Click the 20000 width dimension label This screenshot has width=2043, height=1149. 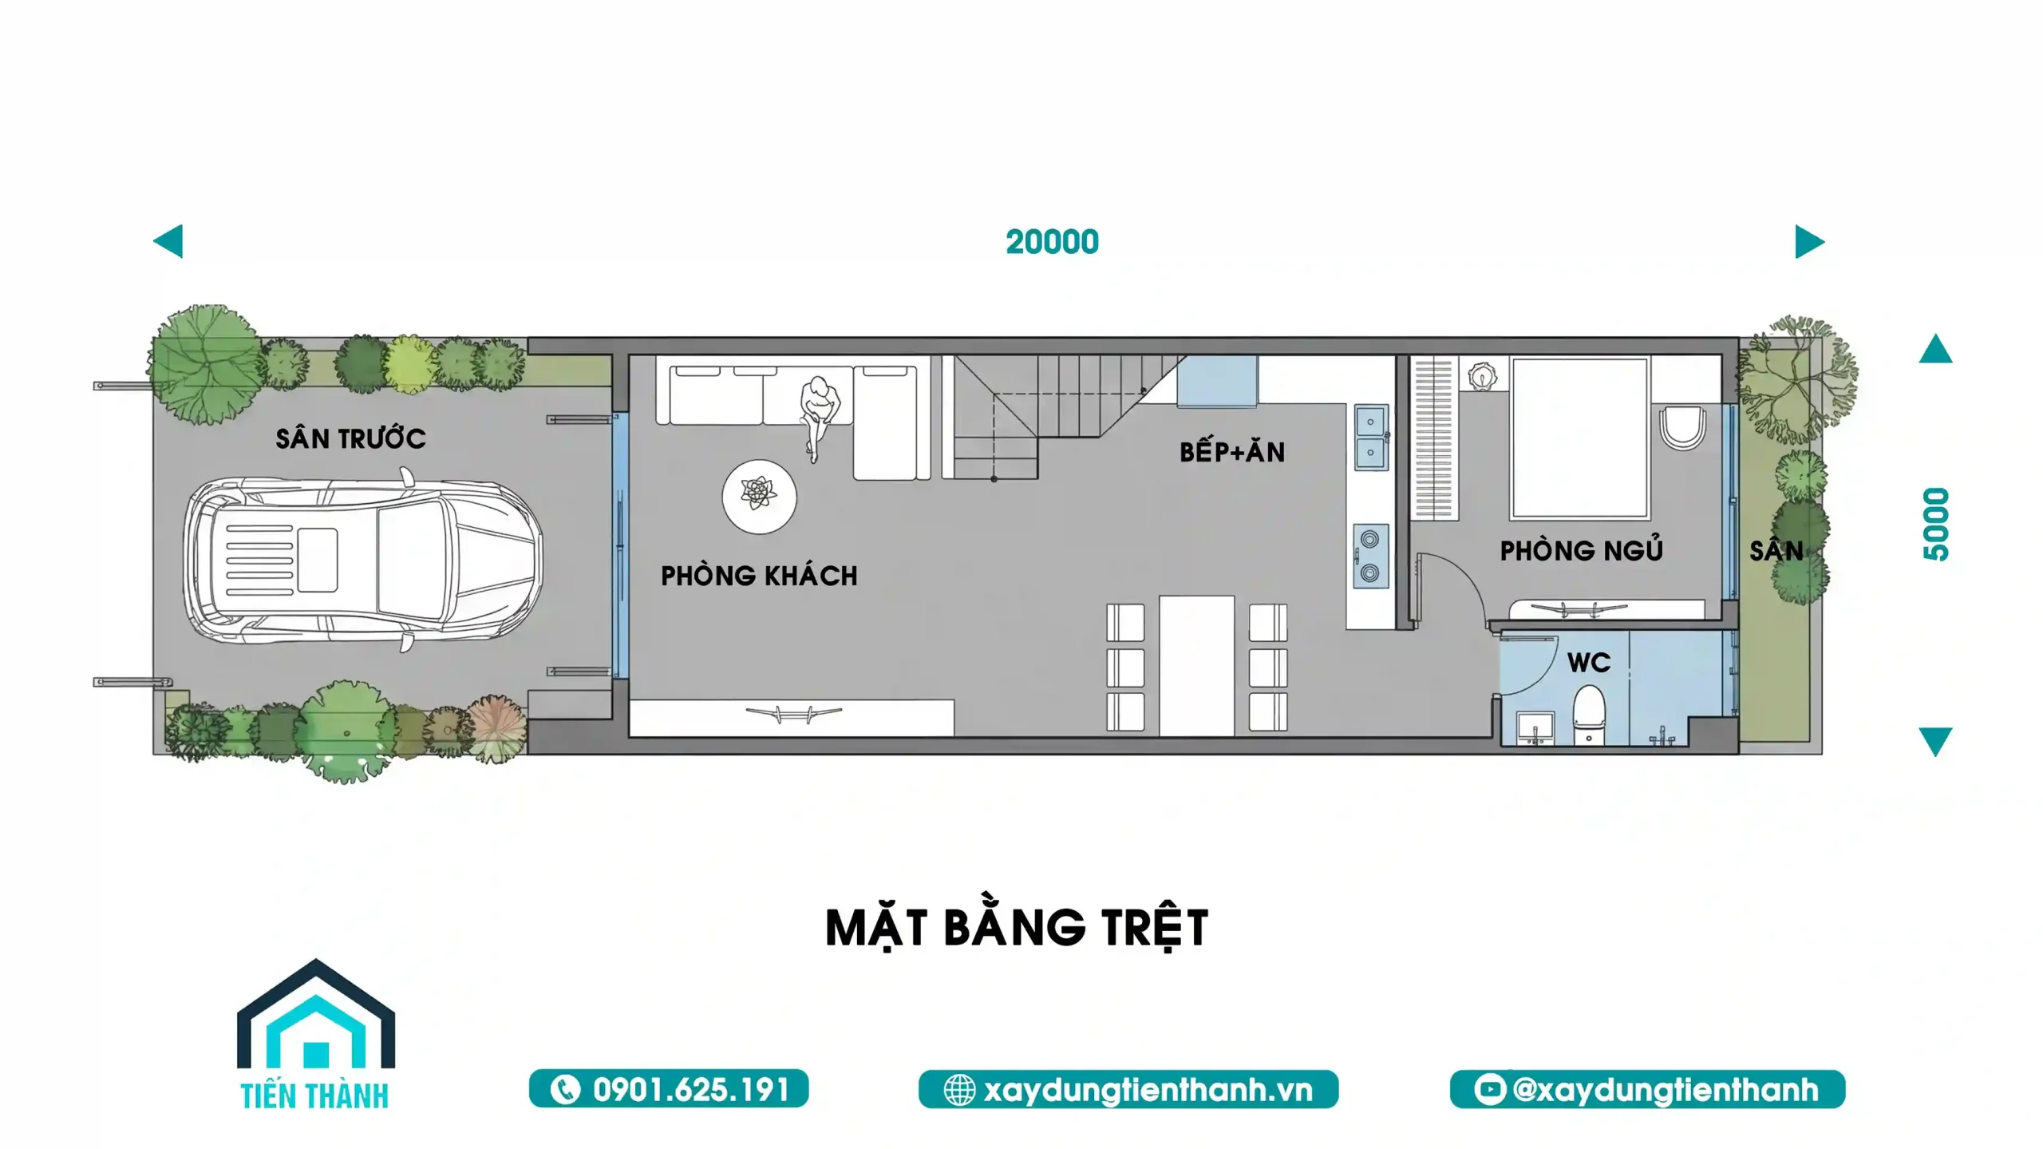coord(1052,242)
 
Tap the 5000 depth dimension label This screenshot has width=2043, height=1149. coord(1935,525)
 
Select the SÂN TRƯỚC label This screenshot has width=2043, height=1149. coord(350,438)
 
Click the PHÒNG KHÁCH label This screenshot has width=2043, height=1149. coord(759,576)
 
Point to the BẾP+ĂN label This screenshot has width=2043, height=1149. coord(1232,452)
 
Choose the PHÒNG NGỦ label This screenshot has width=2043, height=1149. coord(1581,551)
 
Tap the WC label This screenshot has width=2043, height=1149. coord(1588,662)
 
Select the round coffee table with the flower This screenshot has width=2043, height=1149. coord(759,496)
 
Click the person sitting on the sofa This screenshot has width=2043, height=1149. coord(817,411)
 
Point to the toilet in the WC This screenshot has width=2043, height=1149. coord(1588,716)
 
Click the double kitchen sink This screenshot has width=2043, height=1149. coord(1370,436)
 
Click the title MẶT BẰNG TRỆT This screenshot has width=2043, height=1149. coord(1017,928)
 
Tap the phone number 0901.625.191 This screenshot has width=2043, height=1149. coord(669,1089)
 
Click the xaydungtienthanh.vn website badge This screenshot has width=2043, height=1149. coord(1128,1089)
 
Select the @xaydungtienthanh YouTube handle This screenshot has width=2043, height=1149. coord(1647,1089)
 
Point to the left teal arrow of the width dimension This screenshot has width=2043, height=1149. coord(169,241)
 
